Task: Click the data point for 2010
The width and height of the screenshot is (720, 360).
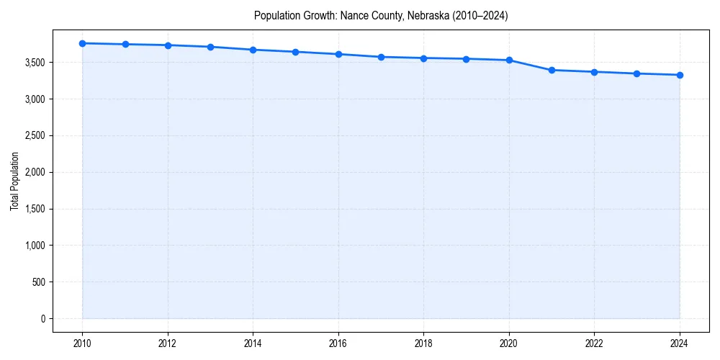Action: click(83, 43)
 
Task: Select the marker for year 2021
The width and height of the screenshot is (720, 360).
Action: click(552, 70)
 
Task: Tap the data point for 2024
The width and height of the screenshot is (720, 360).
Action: click(680, 75)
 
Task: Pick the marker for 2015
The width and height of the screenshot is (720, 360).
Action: click(296, 52)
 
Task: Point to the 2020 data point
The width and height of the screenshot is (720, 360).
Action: click(509, 60)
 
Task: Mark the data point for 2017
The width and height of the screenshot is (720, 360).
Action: click(381, 57)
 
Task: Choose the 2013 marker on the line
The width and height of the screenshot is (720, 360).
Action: click(210, 47)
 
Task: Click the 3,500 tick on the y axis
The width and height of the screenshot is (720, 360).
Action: click(33, 63)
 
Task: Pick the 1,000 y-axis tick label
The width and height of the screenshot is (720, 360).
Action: click(33, 246)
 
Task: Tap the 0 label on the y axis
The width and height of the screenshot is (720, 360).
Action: click(42, 318)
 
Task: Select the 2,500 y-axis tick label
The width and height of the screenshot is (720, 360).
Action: click(33, 136)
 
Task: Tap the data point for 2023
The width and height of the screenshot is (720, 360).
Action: click(637, 73)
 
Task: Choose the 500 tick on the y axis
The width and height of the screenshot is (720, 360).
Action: click(37, 282)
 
